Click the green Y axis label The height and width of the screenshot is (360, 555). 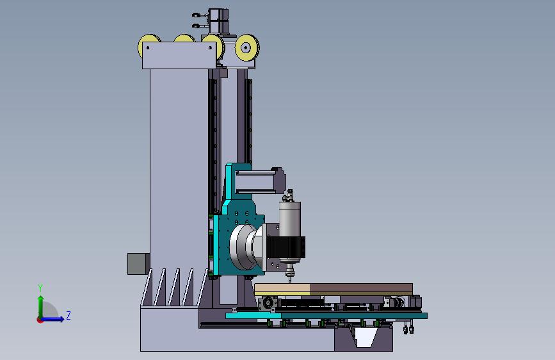40,288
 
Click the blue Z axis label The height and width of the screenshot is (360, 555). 68,315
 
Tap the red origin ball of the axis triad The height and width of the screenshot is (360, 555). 40,320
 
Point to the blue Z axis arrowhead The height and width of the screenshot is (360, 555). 61,319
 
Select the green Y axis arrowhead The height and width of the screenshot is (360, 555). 41,298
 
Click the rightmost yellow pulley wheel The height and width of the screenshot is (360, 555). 247,47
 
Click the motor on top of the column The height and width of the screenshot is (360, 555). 218,20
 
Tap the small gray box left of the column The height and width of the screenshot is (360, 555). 138,264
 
